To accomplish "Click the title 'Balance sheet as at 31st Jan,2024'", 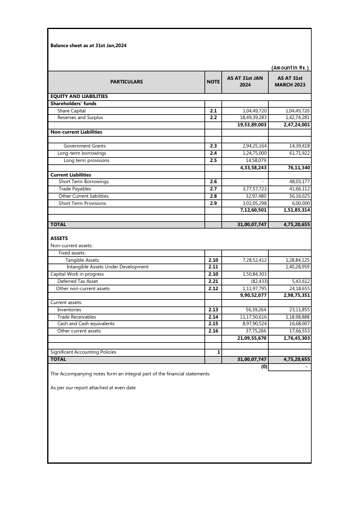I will tap(88, 45).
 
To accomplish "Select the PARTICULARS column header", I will tap(126, 82).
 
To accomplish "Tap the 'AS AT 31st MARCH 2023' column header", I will tap(290, 82).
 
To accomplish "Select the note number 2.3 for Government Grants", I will tap(213, 146).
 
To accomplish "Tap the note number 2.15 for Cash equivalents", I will tap(213, 324).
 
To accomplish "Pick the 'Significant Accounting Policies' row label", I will tap(83, 352).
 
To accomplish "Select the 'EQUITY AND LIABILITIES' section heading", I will tap(79, 96).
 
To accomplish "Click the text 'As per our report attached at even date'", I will tap(93, 387).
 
